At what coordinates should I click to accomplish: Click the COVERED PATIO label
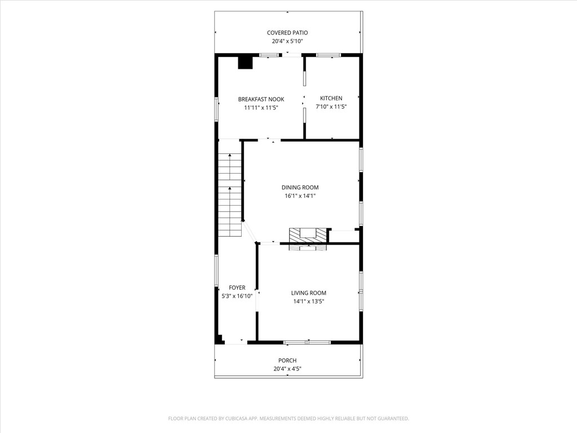click(x=287, y=33)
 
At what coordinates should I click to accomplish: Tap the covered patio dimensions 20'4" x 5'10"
click(x=287, y=41)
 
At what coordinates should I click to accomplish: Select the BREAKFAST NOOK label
click(x=261, y=99)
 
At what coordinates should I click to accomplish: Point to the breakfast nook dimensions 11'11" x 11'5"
click(x=261, y=107)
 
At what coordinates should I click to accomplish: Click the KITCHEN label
click(x=331, y=98)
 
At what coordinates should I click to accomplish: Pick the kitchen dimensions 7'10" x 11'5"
click(x=331, y=106)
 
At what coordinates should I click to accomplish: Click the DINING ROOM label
click(x=300, y=188)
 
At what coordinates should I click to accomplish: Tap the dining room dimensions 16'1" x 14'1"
click(x=300, y=196)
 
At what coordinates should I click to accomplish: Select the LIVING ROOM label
click(x=308, y=293)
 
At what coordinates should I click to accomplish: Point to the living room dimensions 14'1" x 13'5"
click(x=308, y=301)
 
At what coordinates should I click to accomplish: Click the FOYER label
click(x=237, y=288)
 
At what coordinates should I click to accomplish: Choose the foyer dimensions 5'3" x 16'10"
click(x=237, y=295)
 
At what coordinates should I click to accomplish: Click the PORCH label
click(x=287, y=361)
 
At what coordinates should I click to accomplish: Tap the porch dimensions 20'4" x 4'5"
click(x=287, y=369)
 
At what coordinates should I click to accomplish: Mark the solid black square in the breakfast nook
click(x=245, y=62)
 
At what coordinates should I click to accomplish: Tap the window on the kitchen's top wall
click(x=328, y=55)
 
